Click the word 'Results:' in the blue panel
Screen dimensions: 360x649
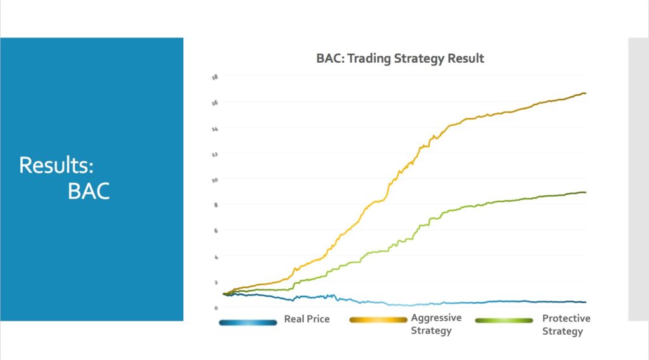pos(56,165)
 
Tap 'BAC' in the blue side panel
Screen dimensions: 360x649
pos(89,191)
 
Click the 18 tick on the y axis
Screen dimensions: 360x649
pos(215,77)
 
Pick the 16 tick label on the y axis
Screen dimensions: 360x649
pos(215,103)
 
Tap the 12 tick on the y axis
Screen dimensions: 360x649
pos(215,154)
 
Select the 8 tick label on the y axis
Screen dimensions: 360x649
pos(216,205)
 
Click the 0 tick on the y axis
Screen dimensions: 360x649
pos(216,308)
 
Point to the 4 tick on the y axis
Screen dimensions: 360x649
pos(216,257)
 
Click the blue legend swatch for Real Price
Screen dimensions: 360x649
pos(248,322)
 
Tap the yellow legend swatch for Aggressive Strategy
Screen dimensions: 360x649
pos(378,321)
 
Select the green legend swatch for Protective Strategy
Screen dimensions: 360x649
pos(504,321)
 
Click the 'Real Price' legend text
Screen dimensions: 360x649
pos(307,319)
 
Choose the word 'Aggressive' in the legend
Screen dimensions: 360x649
pos(436,318)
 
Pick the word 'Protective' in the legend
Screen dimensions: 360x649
pos(566,318)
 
